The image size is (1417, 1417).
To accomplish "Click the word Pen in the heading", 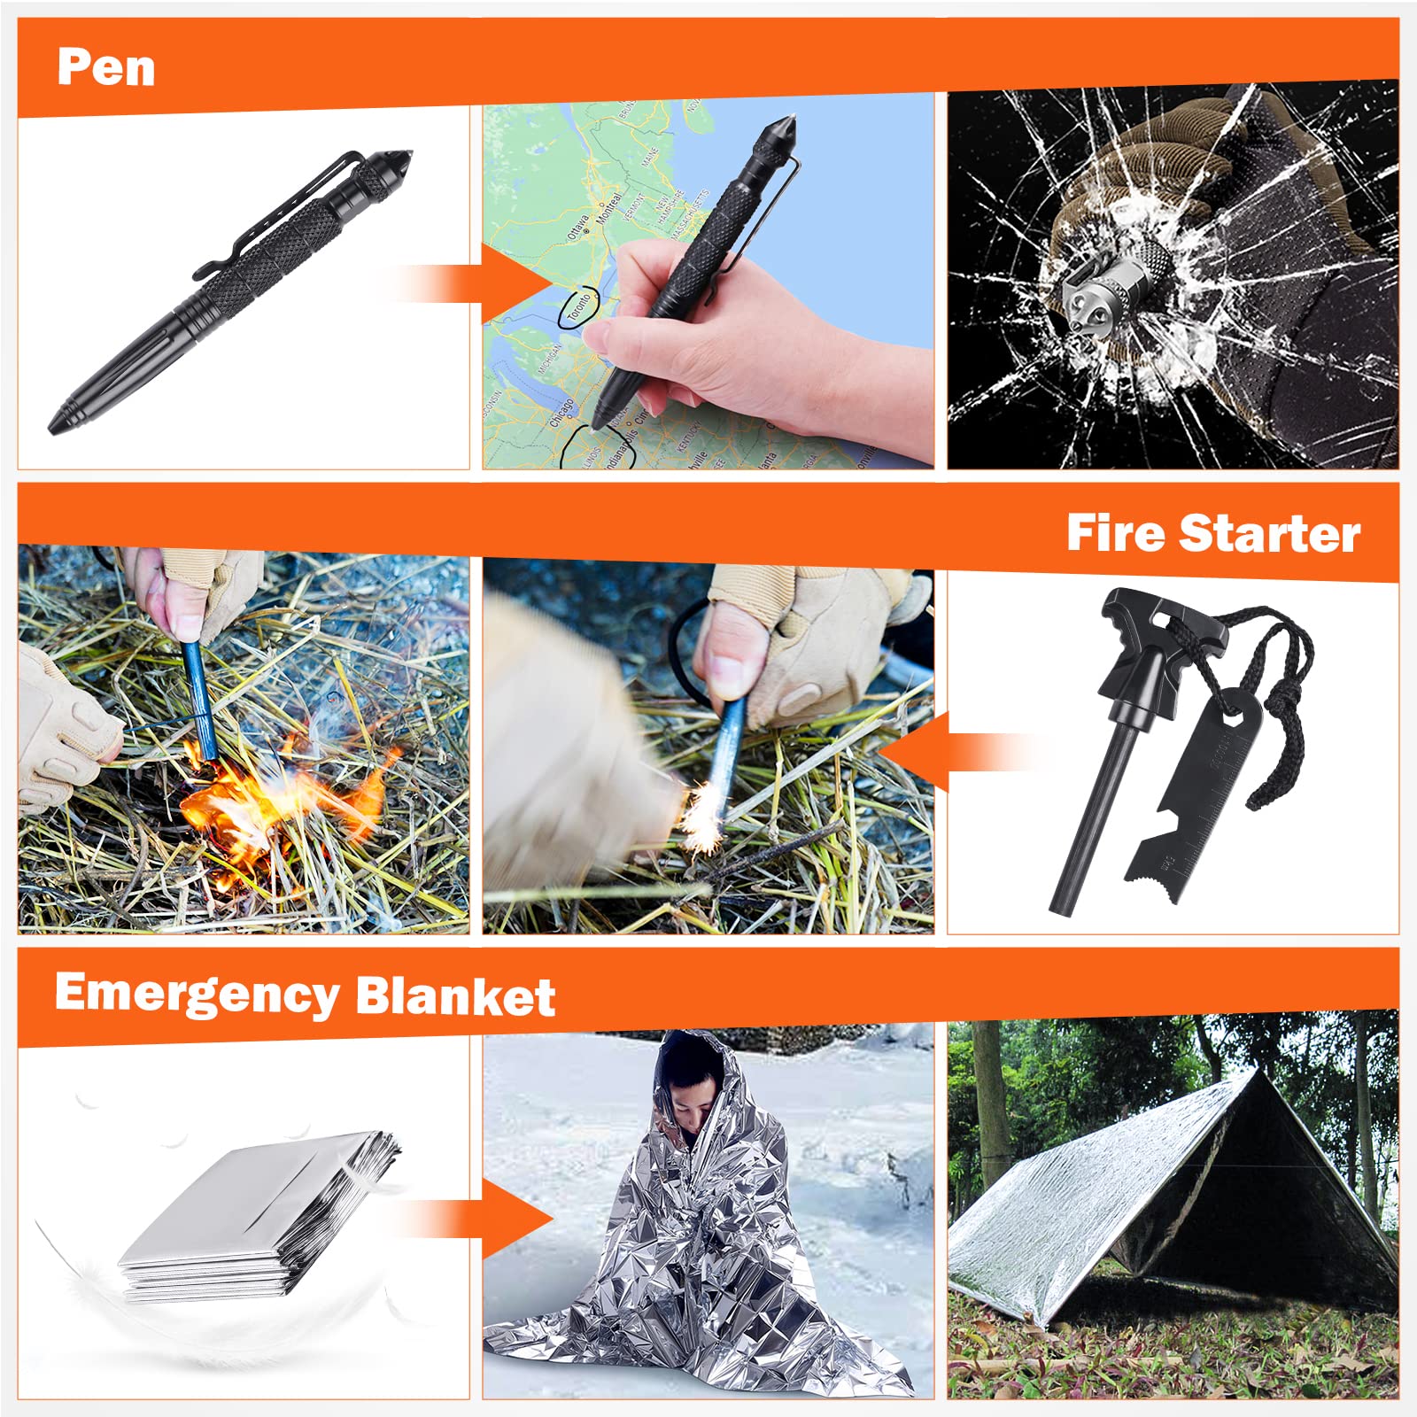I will coord(105,67).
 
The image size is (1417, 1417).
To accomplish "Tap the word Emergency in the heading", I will coord(197,994).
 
